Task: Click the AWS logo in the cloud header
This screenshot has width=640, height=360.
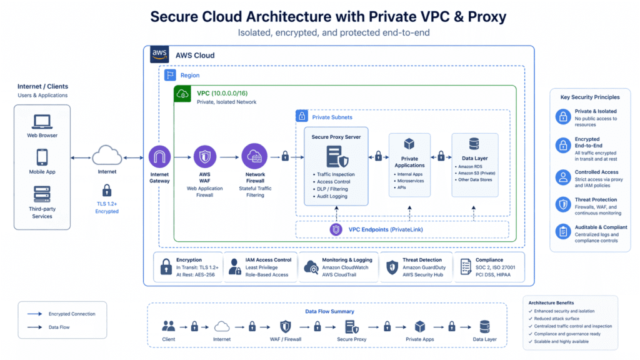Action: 160,55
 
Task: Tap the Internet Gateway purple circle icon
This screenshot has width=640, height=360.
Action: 159,157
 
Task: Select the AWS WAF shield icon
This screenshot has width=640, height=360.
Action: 205,157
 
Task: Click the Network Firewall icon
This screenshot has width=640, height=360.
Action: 255,156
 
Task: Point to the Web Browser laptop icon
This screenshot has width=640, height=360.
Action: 42,121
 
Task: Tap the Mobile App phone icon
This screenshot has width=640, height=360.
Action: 42,156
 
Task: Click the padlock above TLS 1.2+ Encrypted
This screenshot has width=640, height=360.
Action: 107,190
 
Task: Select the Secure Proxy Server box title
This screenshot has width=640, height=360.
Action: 336,137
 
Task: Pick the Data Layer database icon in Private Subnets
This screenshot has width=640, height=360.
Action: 474,144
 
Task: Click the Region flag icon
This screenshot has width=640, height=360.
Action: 170,75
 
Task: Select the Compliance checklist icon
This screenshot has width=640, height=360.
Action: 465,267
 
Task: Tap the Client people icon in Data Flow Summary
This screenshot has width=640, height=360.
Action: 169,326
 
